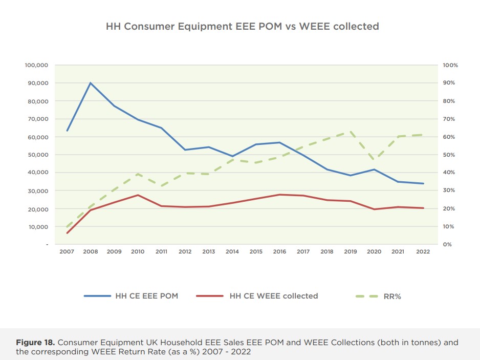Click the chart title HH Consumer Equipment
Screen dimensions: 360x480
242,26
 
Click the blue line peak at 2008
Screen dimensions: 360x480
91,83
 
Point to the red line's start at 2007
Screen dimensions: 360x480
67,233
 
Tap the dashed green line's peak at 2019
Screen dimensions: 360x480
350,132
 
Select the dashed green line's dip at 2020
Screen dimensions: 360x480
374,158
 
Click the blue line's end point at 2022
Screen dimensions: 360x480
423,183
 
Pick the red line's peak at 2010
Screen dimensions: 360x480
138,195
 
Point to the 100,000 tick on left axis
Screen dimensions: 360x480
36,65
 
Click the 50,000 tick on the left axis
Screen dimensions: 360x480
36,155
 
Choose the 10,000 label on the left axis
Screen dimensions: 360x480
36,226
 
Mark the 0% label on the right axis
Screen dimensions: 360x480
447,244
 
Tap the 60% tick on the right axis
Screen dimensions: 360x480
449,137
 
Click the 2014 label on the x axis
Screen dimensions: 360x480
233,252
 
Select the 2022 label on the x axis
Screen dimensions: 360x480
423,252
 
